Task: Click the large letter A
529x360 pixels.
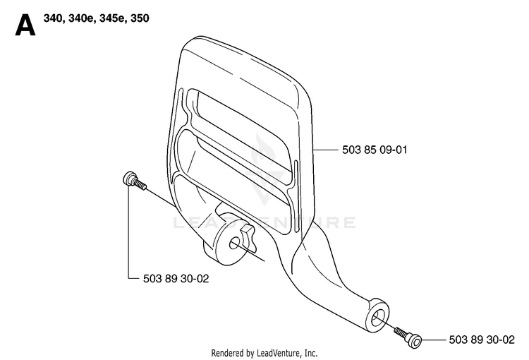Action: pyautogui.click(x=25, y=25)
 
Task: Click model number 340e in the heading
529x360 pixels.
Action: pyautogui.click(x=81, y=18)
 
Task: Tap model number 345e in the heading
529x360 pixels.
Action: pyautogui.click(x=112, y=18)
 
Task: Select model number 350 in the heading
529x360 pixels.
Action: pyautogui.click(x=140, y=18)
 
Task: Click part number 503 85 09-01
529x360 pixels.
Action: pyautogui.click(x=375, y=150)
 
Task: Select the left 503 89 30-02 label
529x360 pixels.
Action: pyautogui.click(x=176, y=279)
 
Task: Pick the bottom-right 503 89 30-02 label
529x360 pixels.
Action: pyautogui.click(x=482, y=340)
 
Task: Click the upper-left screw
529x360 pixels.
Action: pyautogui.click(x=134, y=181)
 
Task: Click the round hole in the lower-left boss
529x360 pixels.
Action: pyautogui.click(x=234, y=244)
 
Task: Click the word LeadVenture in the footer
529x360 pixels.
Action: pyautogui.click(x=278, y=353)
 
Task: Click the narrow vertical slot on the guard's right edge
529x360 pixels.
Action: pyautogui.click(x=296, y=196)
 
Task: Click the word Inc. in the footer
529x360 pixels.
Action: pyautogui.click(x=311, y=353)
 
